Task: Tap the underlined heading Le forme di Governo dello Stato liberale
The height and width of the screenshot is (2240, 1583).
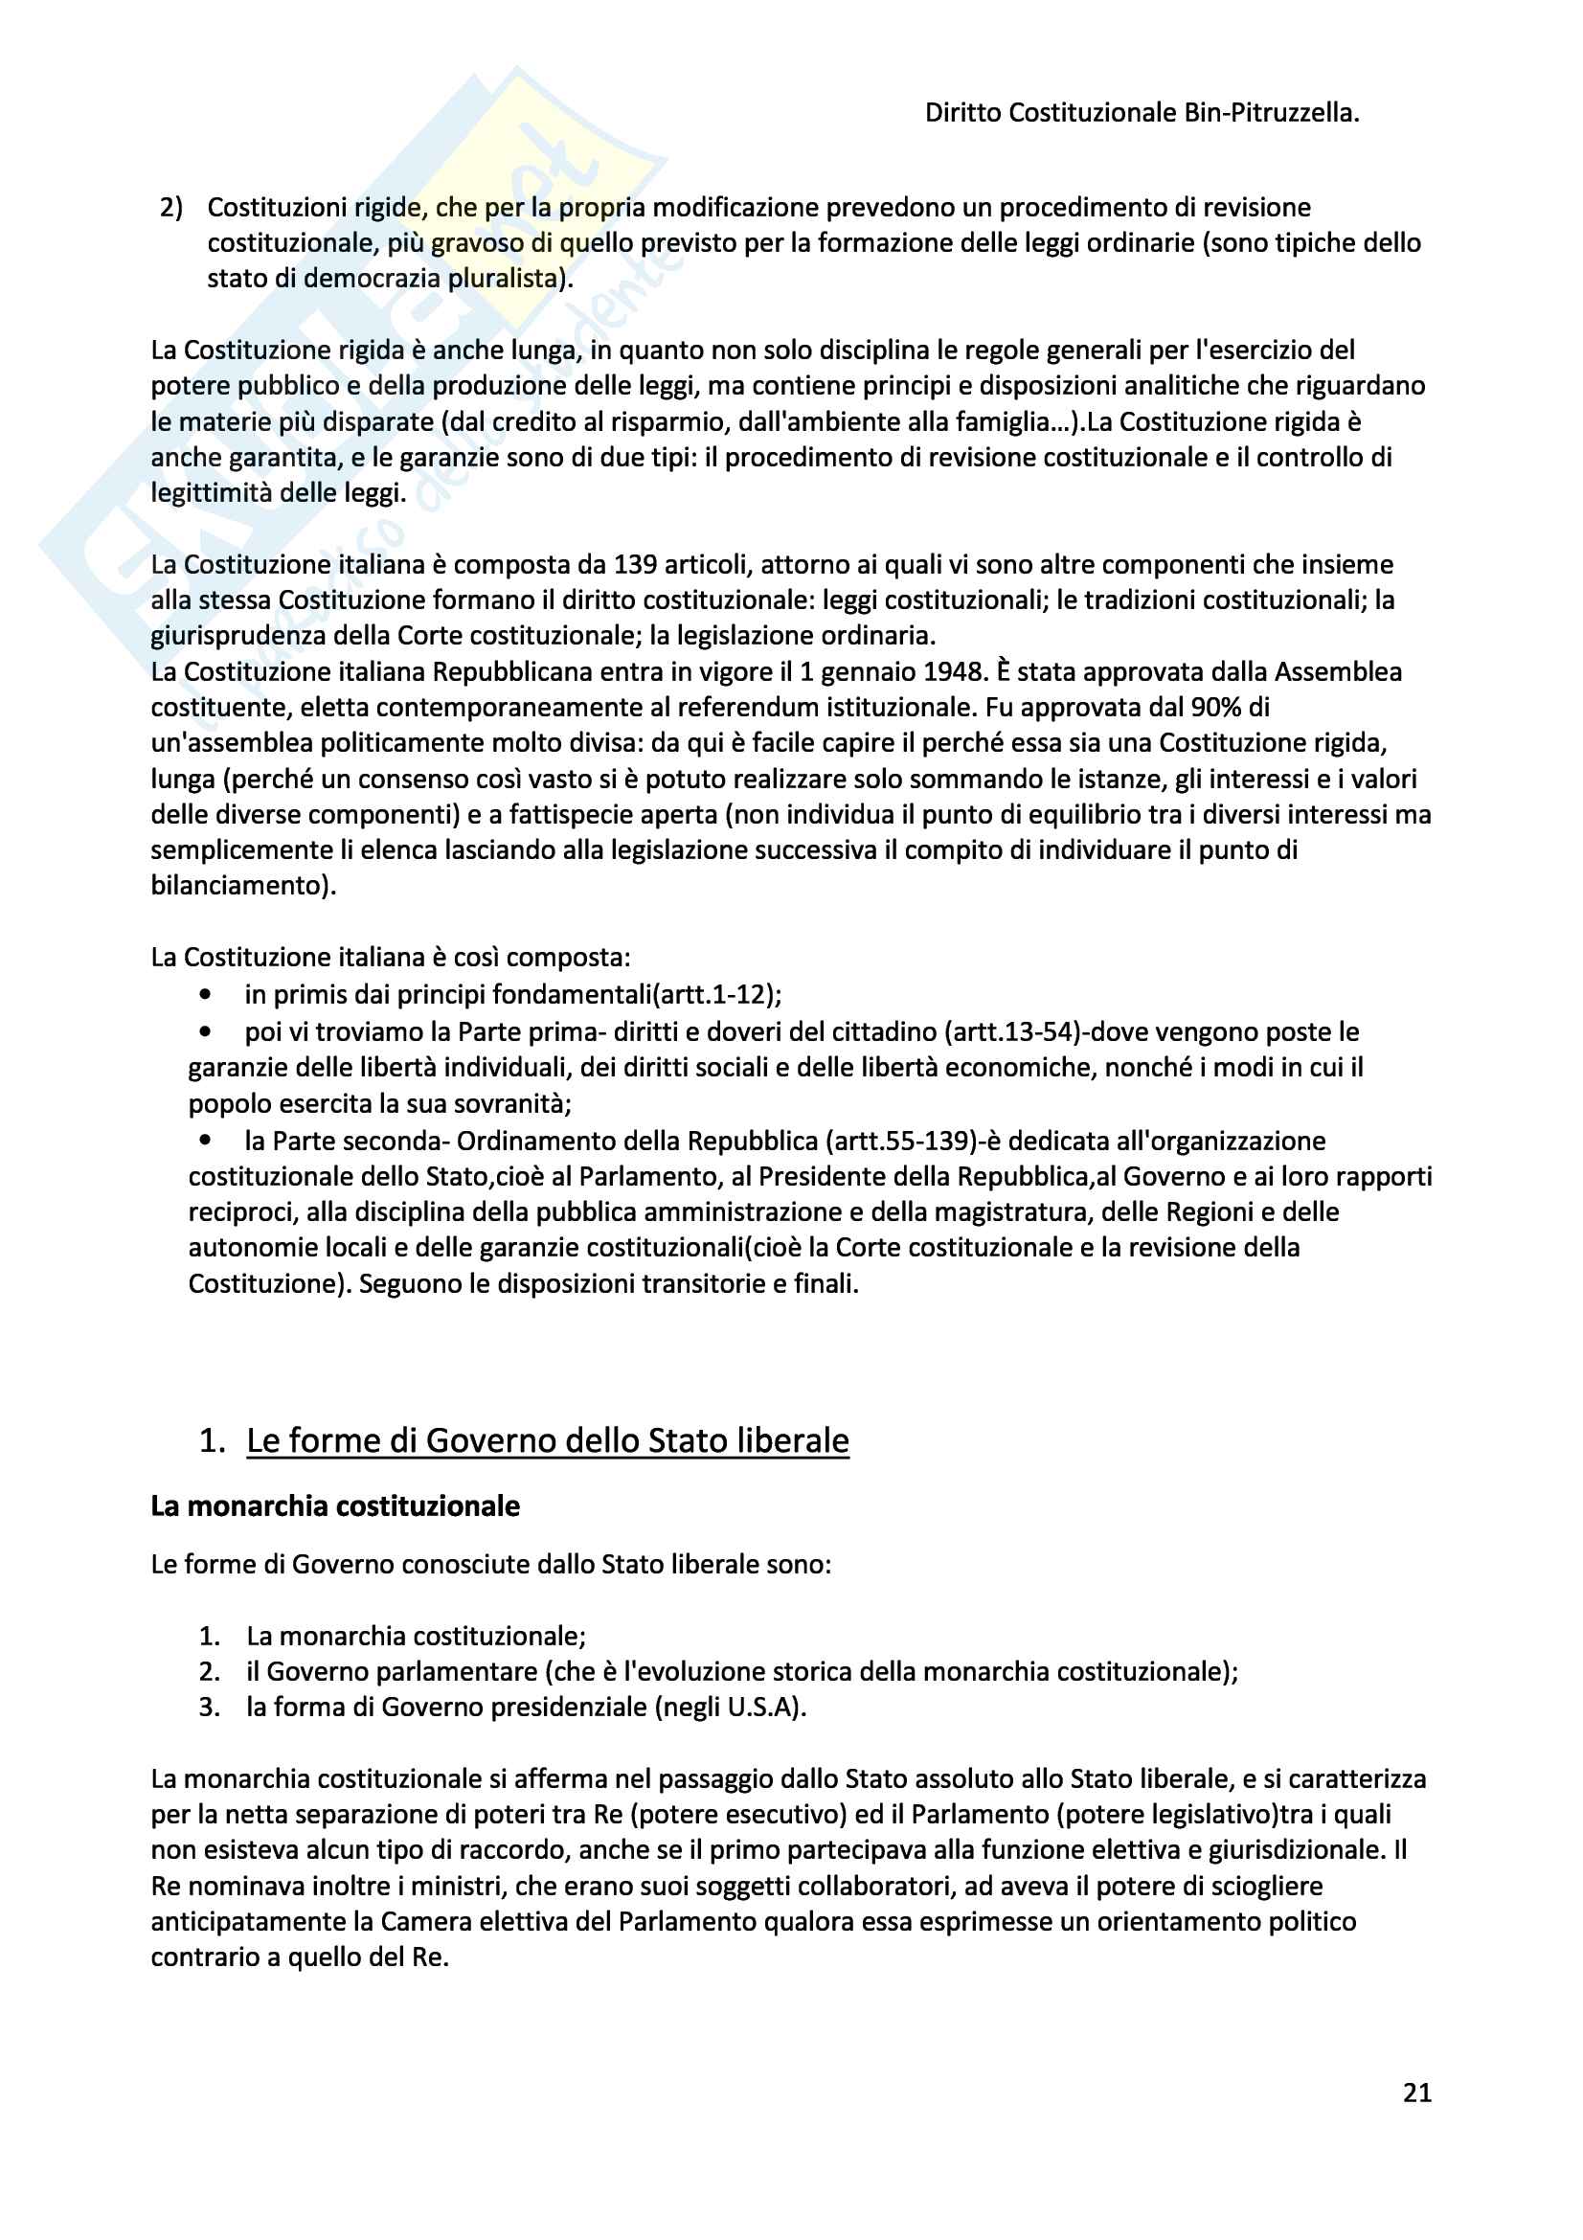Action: tap(547, 1440)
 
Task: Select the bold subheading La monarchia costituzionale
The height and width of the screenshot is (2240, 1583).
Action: tap(334, 1505)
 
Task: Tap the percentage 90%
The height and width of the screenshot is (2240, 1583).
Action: tap(1215, 707)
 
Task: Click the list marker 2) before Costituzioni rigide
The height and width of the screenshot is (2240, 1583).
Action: tap(171, 207)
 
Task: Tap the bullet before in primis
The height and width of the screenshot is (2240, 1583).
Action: tap(205, 994)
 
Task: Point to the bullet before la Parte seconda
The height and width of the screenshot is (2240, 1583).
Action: tap(205, 1140)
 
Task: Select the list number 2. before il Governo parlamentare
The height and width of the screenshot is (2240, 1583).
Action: tap(210, 1671)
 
